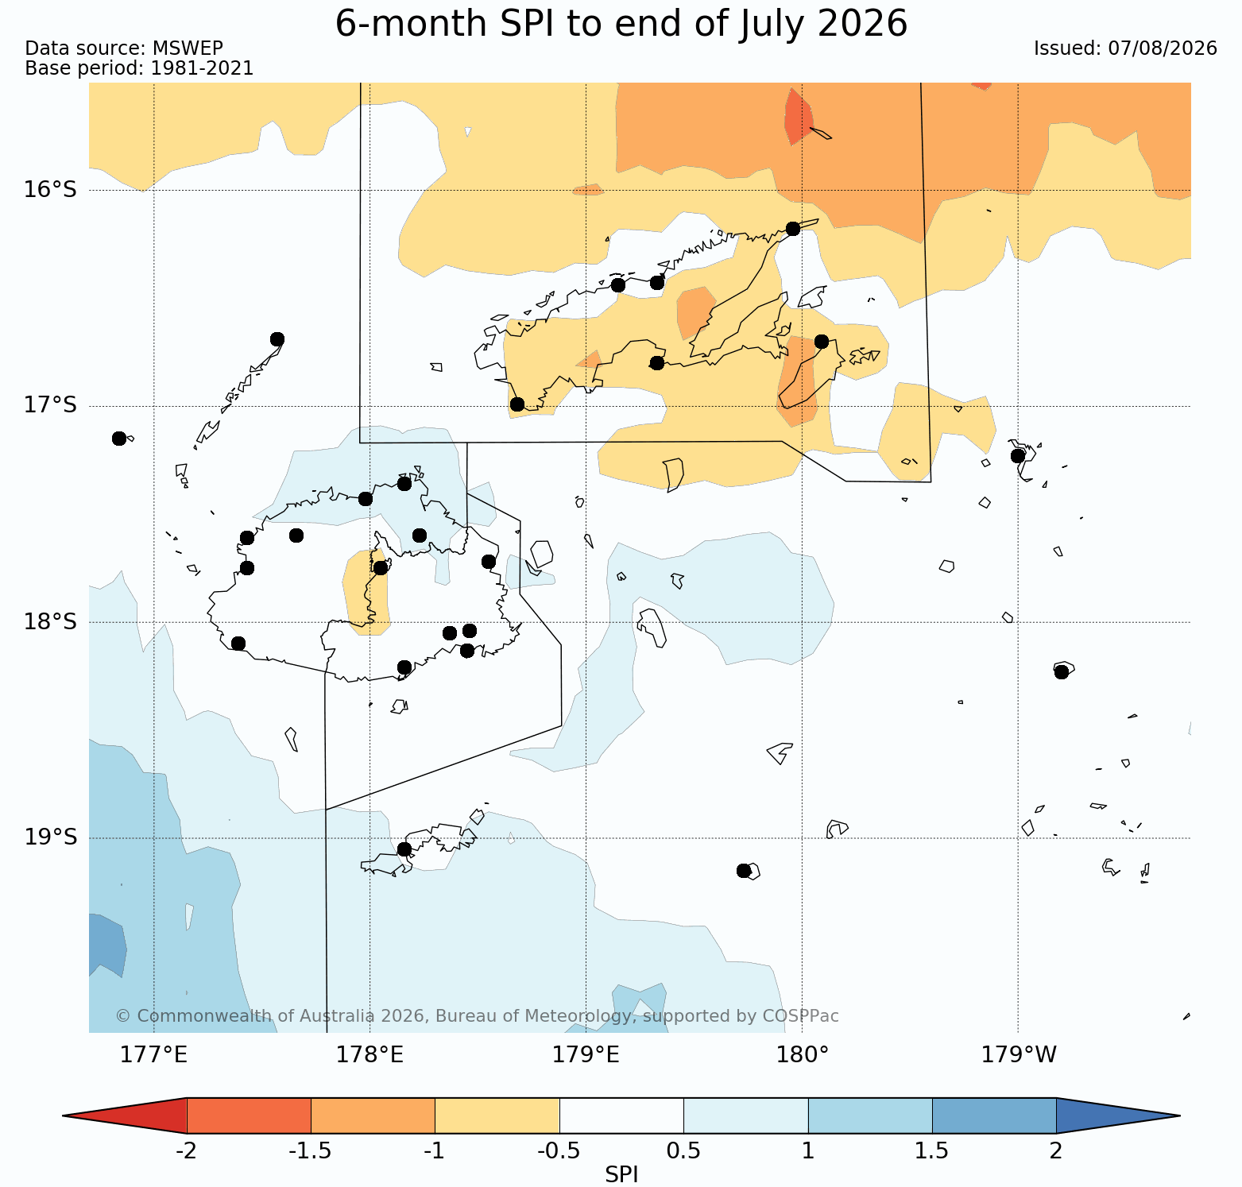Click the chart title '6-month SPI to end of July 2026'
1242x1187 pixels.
point(621,24)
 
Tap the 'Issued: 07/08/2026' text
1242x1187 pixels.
point(1125,48)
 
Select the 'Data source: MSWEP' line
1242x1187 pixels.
point(124,48)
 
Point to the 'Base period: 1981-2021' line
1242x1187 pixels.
point(139,68)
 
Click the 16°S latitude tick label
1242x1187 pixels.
point(50,190)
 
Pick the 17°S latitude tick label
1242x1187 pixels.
point(50,406)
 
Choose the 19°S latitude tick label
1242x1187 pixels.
point(50,837)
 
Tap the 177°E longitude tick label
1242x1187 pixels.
point(153,1055)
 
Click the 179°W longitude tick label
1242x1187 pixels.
point(1019,1055)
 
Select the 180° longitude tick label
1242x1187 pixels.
point(803,1055)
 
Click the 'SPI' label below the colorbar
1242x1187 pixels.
point(621,1174)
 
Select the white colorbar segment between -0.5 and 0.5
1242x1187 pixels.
point(621,1115)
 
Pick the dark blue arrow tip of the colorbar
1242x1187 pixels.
point(1118,1115)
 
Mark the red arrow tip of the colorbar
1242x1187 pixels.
point(125,1115)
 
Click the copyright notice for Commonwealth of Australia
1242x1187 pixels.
point(477,1016)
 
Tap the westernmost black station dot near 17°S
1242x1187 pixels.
point(119,439)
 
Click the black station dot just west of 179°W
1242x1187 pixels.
point(1018,456)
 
